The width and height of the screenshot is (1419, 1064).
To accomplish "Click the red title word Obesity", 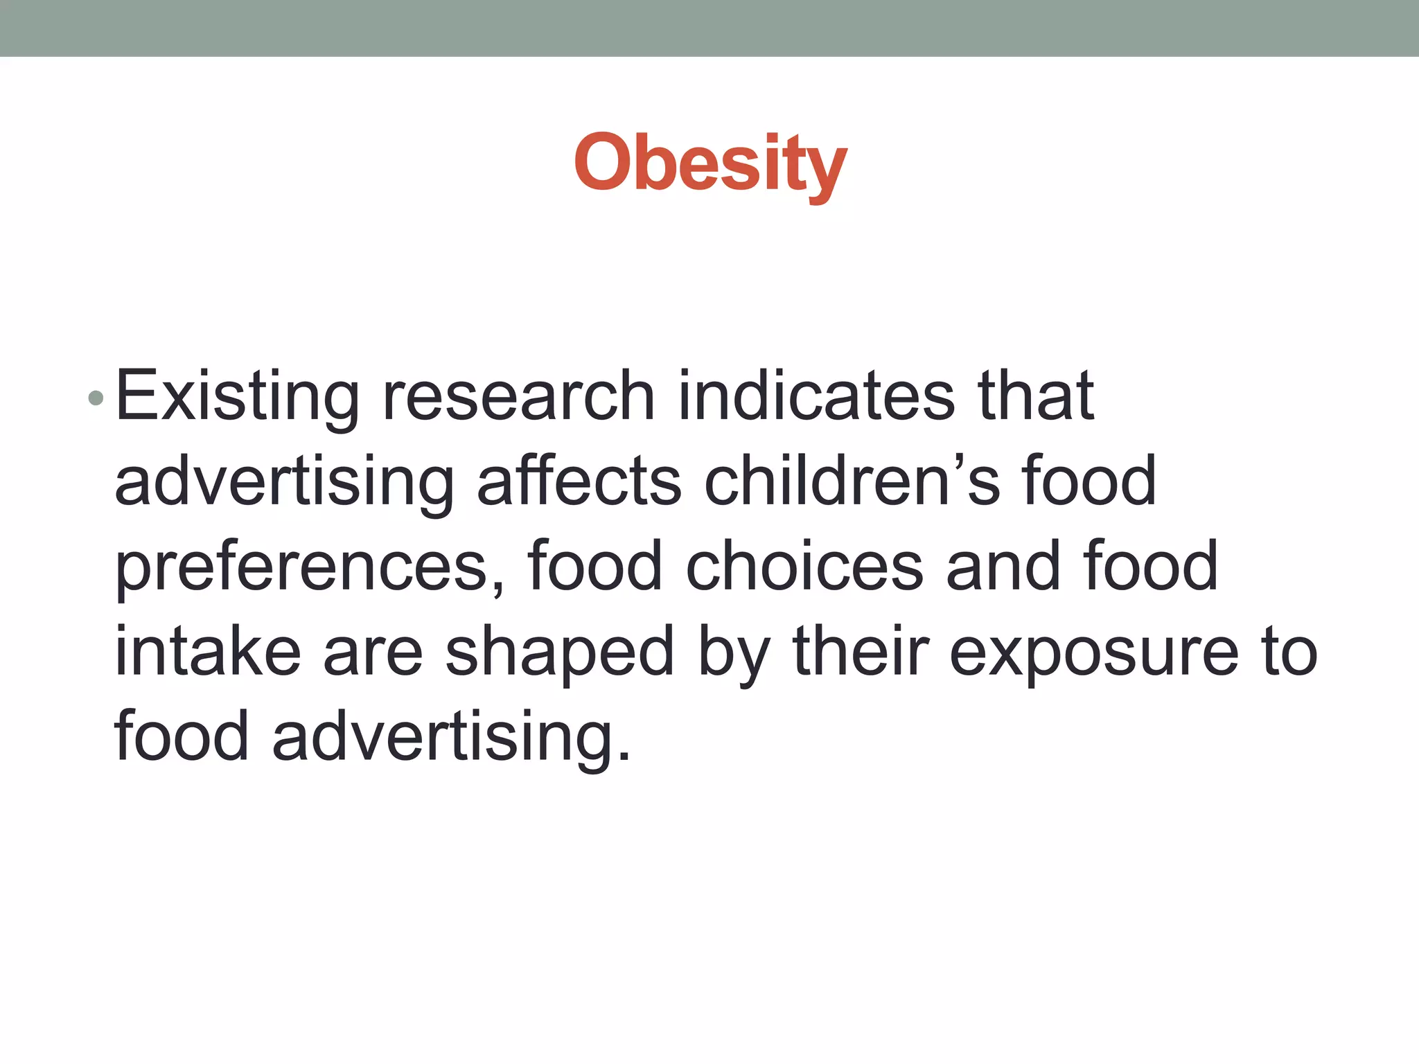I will pyautogui.click(x=710, y=163).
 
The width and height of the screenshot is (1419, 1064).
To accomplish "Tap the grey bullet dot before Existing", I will pyautogui.click(x=96, y=398).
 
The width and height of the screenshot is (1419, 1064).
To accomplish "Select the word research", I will pyautogui.click(x=518, y=397).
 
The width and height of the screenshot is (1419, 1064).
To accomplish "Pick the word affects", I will pyautogui.click(x=579, y=482).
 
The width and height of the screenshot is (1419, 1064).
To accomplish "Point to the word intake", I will pyautogui.click(x=207, y=652).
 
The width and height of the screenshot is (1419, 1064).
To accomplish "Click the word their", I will pyautogui.click(x=860, y=652).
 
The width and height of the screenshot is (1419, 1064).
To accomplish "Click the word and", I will pyautogui.click(x=1003, y=567).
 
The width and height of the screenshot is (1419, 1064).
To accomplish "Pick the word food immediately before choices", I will pyautogui.click(x=594, y=567).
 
